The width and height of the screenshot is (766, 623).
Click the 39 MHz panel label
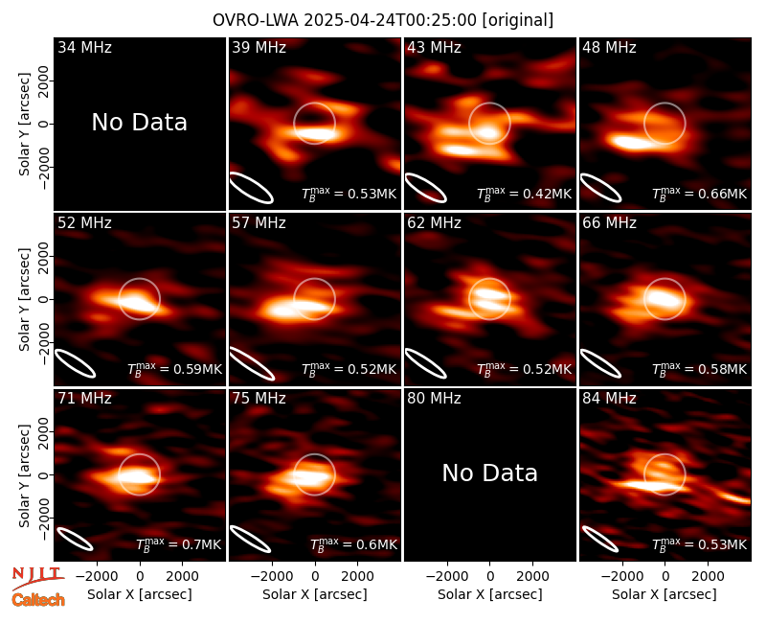pos(259,47)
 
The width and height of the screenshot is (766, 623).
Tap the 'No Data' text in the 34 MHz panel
pos(139,123)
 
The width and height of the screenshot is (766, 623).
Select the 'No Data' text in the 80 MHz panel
pos(489,473)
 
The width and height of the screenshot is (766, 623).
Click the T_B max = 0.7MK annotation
pos(178,544)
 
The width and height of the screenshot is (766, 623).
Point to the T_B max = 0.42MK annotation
pos(524,194)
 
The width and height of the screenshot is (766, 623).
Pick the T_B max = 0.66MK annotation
pos(700,194)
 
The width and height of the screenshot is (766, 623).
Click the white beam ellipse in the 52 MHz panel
pos(76,363)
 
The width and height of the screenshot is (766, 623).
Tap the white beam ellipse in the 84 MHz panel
pos(600,539)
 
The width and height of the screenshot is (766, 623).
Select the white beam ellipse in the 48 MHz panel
pos(600,187)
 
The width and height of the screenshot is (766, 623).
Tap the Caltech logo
pos(38,600)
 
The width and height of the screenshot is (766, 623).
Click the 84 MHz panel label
pos(609,399)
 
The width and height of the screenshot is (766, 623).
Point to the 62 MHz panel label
pos(434,223)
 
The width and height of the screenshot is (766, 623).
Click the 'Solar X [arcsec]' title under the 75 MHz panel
pos(315,594)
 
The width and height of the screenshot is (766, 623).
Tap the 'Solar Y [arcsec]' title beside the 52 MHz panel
pos(25,299)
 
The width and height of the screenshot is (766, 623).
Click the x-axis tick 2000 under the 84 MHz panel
pos(708,576)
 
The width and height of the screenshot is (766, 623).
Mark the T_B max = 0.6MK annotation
pos(353,544)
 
